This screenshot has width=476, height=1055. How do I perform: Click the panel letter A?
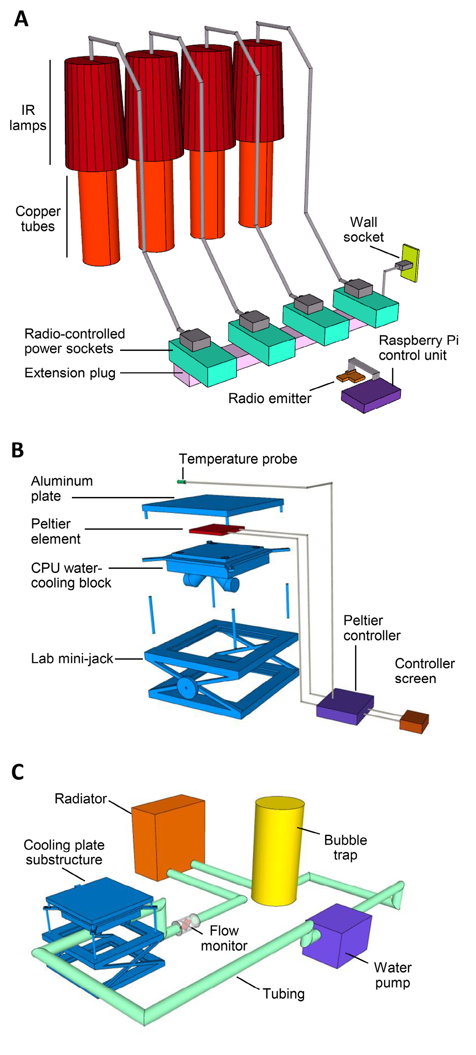tap(21, 19)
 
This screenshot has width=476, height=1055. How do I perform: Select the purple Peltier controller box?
tap(345, 707)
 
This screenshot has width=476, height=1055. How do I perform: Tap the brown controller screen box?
tap(414, 721)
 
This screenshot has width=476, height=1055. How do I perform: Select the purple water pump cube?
tap(337, 935)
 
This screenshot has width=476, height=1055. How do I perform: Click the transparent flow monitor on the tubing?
tap(186, 924)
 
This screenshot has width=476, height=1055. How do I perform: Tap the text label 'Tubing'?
tap(284, 993)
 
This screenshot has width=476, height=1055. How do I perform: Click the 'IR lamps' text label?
tap(28, 118)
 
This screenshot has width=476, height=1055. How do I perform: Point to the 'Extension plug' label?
tap(70, 373)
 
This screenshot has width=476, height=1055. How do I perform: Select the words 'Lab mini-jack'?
tap(72, 658)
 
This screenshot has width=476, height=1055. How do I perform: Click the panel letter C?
tap(18, 772)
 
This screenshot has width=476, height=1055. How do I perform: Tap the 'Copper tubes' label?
tap(38, 219)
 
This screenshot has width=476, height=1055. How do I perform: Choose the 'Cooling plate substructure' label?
tap(64, 852)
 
